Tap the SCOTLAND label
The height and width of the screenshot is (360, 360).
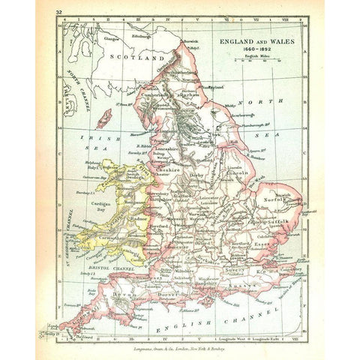136,56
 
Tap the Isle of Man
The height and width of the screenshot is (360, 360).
104,118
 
